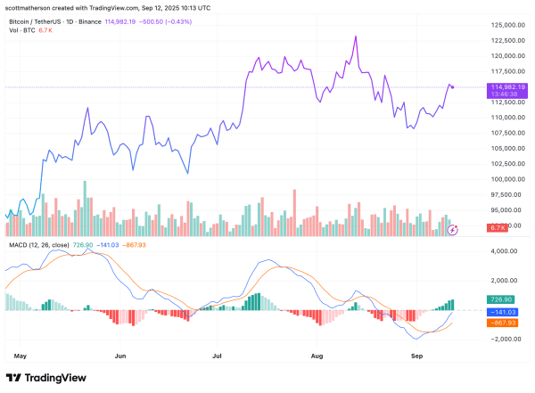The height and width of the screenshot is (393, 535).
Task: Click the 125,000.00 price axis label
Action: click(x=498, y=40)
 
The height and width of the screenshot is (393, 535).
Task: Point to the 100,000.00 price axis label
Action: click(x=498, y=179)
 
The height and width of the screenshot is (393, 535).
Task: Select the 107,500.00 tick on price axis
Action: click(x=498, y=133)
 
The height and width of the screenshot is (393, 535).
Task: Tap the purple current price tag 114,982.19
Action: click(x=499, y=86)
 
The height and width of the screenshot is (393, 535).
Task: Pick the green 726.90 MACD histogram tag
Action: click(x=498, y=299)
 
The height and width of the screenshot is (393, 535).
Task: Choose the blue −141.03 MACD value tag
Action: click(x=498, y=312)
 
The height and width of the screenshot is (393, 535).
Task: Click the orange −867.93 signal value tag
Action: click(x=498, y=323)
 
